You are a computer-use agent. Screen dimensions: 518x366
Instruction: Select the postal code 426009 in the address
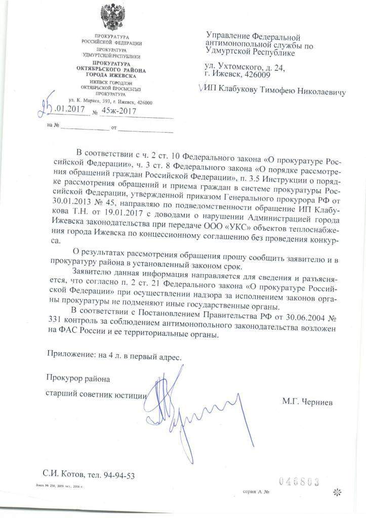[257, 75]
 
